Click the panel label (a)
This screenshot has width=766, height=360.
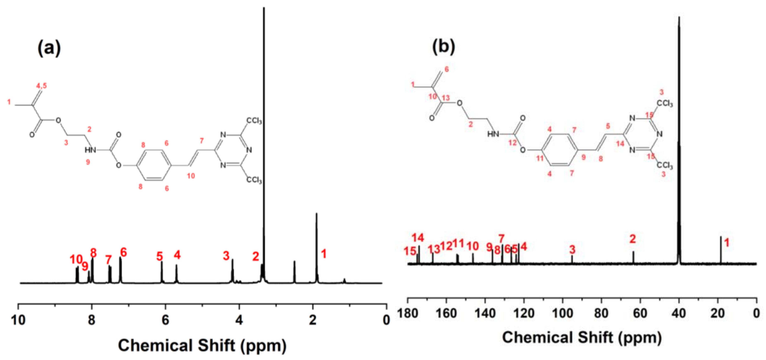tap(49, 48)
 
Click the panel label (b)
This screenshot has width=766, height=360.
tap(443, 46)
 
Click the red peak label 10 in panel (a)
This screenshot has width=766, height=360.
tap(76, 259)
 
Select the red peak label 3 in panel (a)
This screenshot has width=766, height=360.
tap(226, 255)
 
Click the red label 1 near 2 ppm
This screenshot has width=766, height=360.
tap(324, 254)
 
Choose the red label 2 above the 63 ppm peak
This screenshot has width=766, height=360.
tap(633, 239)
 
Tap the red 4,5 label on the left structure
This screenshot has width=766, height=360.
tap(42, 86)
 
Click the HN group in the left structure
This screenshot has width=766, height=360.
tap(90, 150)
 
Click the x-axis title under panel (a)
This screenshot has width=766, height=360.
tap(202, 345)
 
